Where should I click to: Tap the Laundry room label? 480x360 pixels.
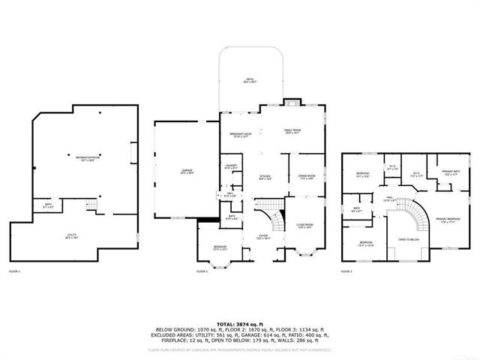pos(230,167)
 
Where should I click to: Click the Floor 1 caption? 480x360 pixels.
pos(14,271)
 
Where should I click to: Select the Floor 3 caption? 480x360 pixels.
pos(346,271)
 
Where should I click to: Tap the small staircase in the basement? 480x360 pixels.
pos(93,205)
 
